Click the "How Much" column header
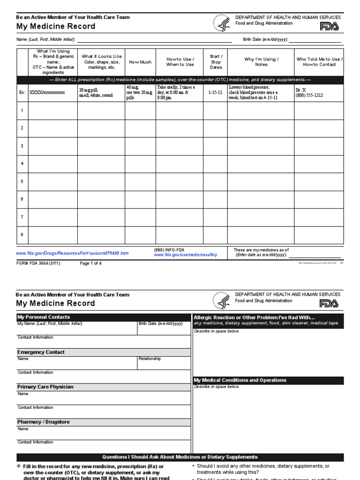pos(140,62)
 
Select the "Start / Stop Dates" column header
pos(216,62)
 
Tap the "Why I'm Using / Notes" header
pos(261,62)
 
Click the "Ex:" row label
pos(22,93)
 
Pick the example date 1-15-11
pos(216,93)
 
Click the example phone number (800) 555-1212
pos(309,96)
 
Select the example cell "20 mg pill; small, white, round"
pos(96,92)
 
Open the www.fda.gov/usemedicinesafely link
pos(186,255)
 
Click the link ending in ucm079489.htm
pos(72,253)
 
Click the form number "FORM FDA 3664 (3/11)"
pos(38,263)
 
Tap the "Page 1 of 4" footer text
pos(91,263)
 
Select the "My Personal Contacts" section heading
pos(44,317)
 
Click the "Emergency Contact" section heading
pos(41,352)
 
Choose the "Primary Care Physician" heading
pos(45,387)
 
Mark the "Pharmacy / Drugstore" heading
pos(43,422)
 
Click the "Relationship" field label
pos(150,359)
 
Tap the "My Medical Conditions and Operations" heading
pos(240,380)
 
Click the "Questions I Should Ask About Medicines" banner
pos(180,457)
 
